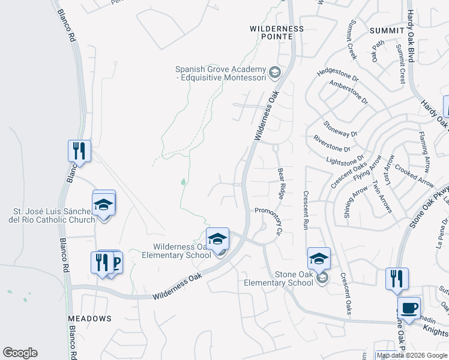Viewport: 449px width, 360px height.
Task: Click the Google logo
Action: (20, 353)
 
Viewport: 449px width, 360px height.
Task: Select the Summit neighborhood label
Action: (387, 31)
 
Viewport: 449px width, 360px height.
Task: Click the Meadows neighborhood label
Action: (89, 318)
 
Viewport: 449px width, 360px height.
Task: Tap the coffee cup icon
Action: (408, 308)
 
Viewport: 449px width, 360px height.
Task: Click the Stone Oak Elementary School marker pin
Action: (319, 260)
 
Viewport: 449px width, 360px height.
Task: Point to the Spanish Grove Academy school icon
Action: (275, 73)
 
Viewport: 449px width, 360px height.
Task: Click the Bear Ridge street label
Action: (280, 184)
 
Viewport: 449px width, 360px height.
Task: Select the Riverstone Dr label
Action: (331, 143)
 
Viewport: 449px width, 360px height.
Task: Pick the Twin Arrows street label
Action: (382, 196)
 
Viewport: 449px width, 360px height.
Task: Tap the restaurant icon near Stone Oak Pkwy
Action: (397, 279)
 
